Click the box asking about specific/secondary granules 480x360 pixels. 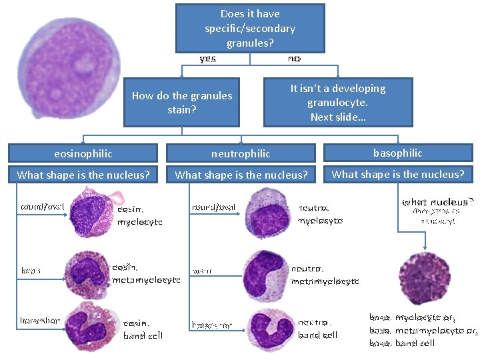pyautogui.click(x=250, y=28)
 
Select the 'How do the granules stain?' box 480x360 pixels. pyautogui.click(x=181, y=103)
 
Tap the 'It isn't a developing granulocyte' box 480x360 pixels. pyautogui.click(x=338, y=103)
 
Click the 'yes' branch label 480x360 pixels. pyautogui.click(x=208, y=59)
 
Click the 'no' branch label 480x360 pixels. pyautogui.click(x=294, y=59)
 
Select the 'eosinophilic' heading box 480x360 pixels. pyautogui.click(x=83, y=153)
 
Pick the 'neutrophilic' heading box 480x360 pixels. pyautogui.click(x=241, y=153)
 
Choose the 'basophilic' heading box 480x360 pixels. pyautogui.click(x=397, y=153)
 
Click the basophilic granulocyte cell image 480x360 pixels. pyautogui.click(x=424, y=277)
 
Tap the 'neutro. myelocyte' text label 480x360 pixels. pyautogui.click(x=320, y=214)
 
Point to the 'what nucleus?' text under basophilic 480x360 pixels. pyautogui.click(x=437, y=201)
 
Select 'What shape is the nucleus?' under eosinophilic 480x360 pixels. pyautogui.click(x=83, y=175)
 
